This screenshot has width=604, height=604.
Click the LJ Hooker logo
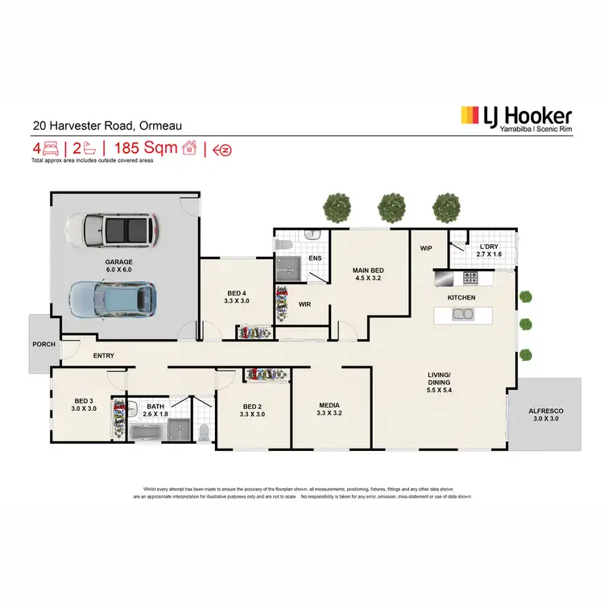(516, 119)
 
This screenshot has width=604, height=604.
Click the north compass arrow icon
(226, 149)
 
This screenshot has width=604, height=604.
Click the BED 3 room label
(85, 405)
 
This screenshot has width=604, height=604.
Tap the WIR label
(304, 304)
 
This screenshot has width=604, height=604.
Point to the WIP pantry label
(426, 249)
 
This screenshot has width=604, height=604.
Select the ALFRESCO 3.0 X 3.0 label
(546, 415)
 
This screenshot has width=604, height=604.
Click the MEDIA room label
(329, 409)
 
